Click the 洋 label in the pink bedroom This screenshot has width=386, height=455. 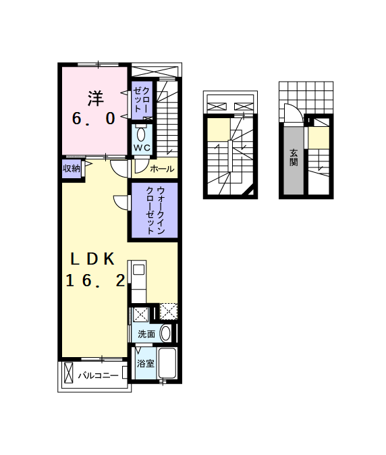pos(96,99)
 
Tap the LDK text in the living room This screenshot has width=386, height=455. pos(93,259)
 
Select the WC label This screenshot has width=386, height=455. pos(142,148)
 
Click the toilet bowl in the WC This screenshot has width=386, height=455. pos(141,134)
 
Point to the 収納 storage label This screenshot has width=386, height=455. pos(72,168)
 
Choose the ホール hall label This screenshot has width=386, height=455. pos(162,169)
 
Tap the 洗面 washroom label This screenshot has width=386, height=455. pos(146,334)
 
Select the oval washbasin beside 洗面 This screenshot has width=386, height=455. pos(165,333)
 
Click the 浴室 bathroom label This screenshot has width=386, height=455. pos(146,363)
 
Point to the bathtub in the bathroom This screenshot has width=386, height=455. pos(167,363)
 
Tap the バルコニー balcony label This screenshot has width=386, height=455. pos(99,376)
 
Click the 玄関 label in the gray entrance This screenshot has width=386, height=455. pos(294,157)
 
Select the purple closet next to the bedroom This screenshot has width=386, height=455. pos(142,100)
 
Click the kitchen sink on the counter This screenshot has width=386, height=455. pos(138,270)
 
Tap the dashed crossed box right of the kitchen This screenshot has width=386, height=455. pos(169,311)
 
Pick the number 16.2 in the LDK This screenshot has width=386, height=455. pos(95,281)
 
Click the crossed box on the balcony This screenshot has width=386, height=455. pos(68,373)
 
